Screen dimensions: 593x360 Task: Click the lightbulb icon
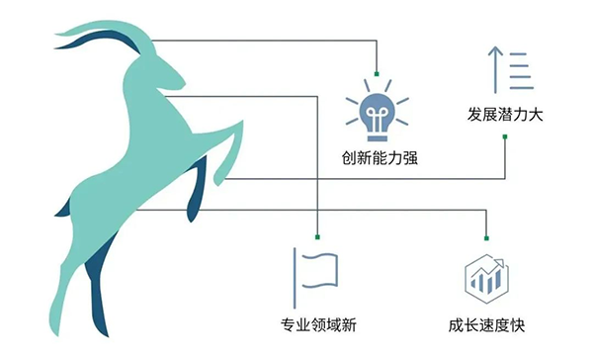click(x=378, y=111)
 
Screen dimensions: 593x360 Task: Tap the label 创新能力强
click(x=380, y=158)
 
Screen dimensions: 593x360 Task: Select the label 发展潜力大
click(x=505, y=114)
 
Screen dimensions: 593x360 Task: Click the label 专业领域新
click(x=318, y=324)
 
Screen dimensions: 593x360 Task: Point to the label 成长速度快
click(x=486, y=325)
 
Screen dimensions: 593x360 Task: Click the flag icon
click(x=315, y=278)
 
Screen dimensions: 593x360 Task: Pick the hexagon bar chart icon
click(x=486, y=278)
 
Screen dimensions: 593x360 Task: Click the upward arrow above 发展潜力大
click(x=495, y=69)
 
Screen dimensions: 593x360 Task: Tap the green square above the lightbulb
click(x=377, y=74)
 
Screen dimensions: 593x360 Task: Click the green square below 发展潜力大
click(x=505, y=136)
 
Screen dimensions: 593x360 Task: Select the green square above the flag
click(x=317, y=237)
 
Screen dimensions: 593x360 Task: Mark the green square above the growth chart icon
click(x=486, y=238)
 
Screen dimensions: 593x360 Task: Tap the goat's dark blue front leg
click(x=197, y=189)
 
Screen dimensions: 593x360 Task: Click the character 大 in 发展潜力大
click(x=536, y=114)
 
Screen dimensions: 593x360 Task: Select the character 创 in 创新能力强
click(x=349, y=158)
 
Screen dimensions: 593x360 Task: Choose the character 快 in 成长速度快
click(x=518, y=325)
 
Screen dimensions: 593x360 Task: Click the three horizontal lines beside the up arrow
click(x=522, y=71)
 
